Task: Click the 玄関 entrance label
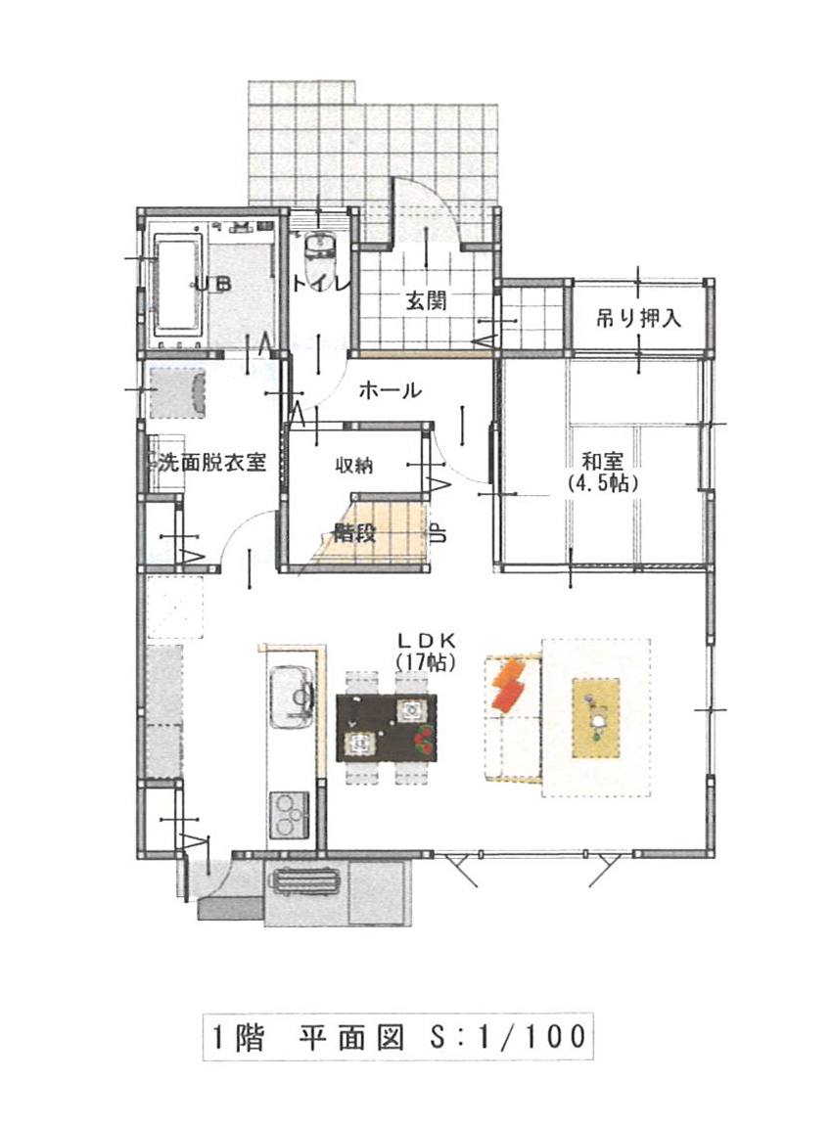coord(427,300)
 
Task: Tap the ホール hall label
coord(389,391)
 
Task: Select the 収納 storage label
coord(353,465)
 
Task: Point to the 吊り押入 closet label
coord(638,318)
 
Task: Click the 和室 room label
coord(602,461)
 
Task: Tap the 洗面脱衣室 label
coord(211,462)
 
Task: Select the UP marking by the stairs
coord(438,532)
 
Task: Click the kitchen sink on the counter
coord(292,696)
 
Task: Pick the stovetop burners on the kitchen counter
coord(290,814)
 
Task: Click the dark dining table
coord(387,727)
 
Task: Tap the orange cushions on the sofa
coord(509,684)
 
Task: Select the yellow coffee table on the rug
coord(595,717)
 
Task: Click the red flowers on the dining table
coord(424,740)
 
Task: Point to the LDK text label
coord(427,639)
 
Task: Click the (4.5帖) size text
coord(603,482)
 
